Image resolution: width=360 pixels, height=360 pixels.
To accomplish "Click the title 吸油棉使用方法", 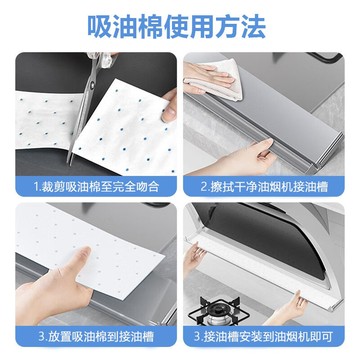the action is pos(177,27).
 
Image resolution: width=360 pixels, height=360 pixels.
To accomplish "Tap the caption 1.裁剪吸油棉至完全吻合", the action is pos(96,187).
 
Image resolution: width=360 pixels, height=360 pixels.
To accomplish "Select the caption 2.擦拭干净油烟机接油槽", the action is pos(264,187).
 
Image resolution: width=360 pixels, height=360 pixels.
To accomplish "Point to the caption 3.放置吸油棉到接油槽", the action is pos(96,336).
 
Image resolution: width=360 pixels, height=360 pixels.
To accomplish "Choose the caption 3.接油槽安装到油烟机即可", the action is pos(264,336).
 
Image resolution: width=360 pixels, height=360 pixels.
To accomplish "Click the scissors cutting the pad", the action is pos(87,100).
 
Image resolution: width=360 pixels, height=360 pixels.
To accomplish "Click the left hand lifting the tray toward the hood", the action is pos(193,257).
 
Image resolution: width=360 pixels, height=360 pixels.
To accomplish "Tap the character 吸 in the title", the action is pos(99,27).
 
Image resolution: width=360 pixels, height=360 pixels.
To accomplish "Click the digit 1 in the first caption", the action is pos(36,187).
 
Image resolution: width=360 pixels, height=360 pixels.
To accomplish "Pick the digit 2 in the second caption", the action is pos(204,187).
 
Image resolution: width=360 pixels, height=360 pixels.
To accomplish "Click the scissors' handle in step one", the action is pos(103,59).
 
